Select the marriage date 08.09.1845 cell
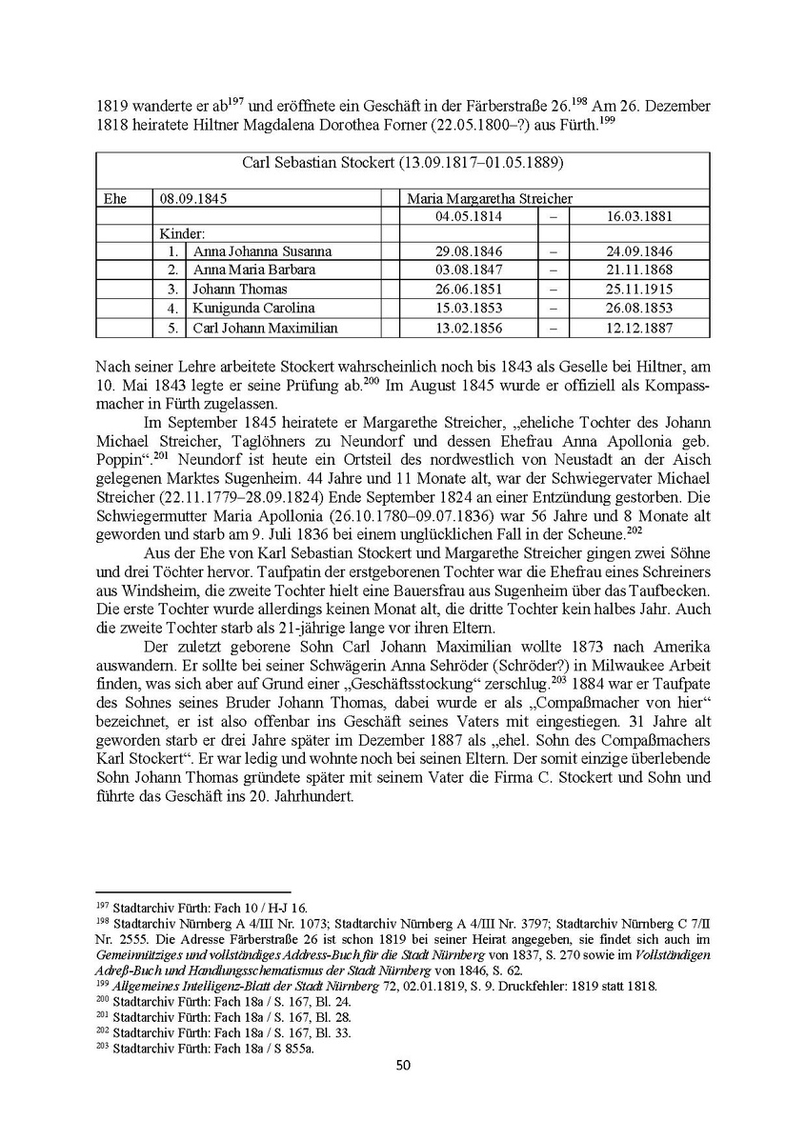pyautogui.click(x=194, y=198)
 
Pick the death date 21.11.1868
pyautogui.click(x=639, y=270)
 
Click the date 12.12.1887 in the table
pyautogui.click(x=639, y=328)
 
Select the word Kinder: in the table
pyautogui.click(x=182, y=233)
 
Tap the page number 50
pyautogui.click(x=402, y=1065)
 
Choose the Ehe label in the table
pyautogui.click(x=114, y=198)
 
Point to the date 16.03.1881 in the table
pyautogui.click(x=639, y=216)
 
